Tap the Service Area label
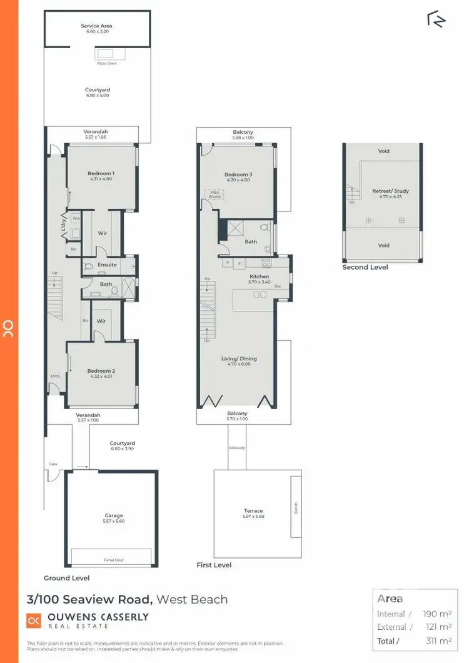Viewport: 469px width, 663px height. click(x=96, y=26)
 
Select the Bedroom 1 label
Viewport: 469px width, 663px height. click(x=101, y=173)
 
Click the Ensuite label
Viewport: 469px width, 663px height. click(x=107, y=265)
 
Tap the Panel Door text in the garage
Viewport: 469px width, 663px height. click(x=111, y=560)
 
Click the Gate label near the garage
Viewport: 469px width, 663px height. click(x=53, y=464)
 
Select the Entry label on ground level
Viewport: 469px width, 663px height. click(x=55, y=376)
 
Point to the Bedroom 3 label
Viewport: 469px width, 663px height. click(x=238, y=175)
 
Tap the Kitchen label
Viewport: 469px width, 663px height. click(x=260, y=276)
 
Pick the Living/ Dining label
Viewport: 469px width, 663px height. click(x=239, y=358)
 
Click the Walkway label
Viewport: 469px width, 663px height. click(x=237, y=448)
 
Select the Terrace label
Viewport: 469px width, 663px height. click(x=253, y=510)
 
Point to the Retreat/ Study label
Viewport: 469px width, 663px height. click(x=390, y=191)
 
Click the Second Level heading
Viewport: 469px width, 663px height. click(x=365, y=267)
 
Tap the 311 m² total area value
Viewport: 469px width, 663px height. click(x=437, y=640)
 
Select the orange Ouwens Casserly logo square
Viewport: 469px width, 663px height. click(x=34, y=620)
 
